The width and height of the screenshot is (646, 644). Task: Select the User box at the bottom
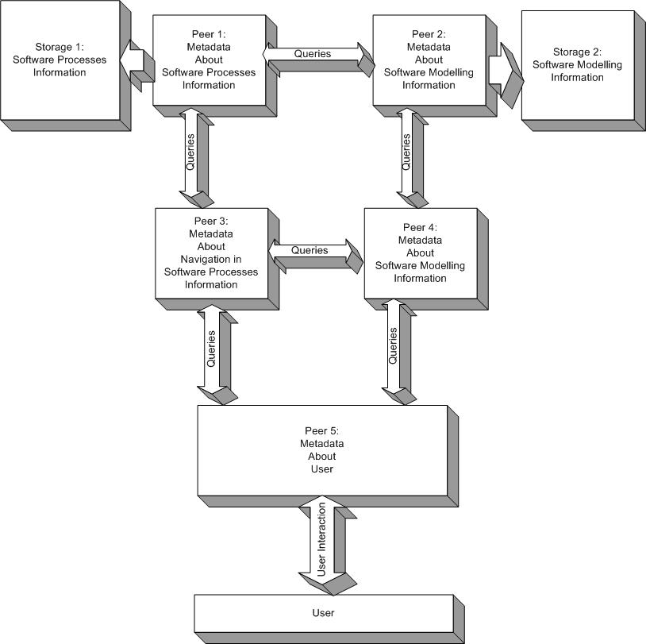click(323, 613)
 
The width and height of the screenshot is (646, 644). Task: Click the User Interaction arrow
click(322, 541)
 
